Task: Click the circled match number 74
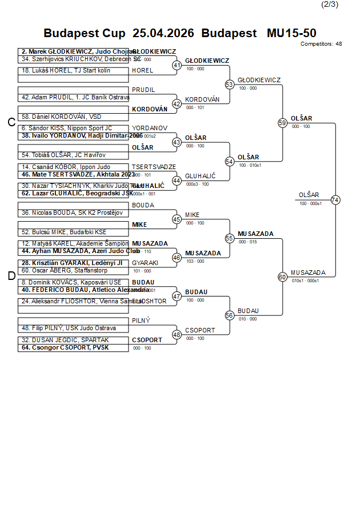[x=335, y=200]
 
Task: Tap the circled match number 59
[x=282, y=123]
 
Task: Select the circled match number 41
[x=177, y=65]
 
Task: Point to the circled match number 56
[x=230, y=315]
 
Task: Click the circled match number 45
[x=177, y=219]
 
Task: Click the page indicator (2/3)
[x=330, y=5]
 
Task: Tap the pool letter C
[x=11, y=122]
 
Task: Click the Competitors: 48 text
[x=321, y=43]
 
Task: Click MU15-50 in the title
[x=291, y=33]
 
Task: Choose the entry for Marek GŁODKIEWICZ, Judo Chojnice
[x=74, y=51]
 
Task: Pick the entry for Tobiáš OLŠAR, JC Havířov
[x=64, y=155]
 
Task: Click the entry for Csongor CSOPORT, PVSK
[x=64, y=347]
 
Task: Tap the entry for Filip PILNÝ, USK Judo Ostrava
[x=69, y=328]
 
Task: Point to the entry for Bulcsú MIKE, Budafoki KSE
[x=64, y=232]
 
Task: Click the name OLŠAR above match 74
[x=309, y=195]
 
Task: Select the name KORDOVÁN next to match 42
[x=202, y=99]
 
